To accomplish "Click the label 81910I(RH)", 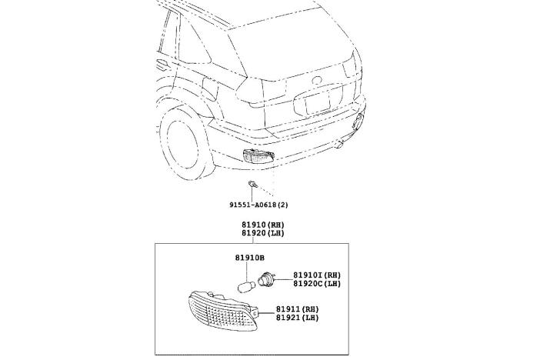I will [317, 275].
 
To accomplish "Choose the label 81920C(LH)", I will [317, 284].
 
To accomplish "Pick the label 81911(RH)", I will [298, 308].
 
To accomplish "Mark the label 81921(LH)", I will [298, 318].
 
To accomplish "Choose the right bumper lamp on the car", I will [358, 121].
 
